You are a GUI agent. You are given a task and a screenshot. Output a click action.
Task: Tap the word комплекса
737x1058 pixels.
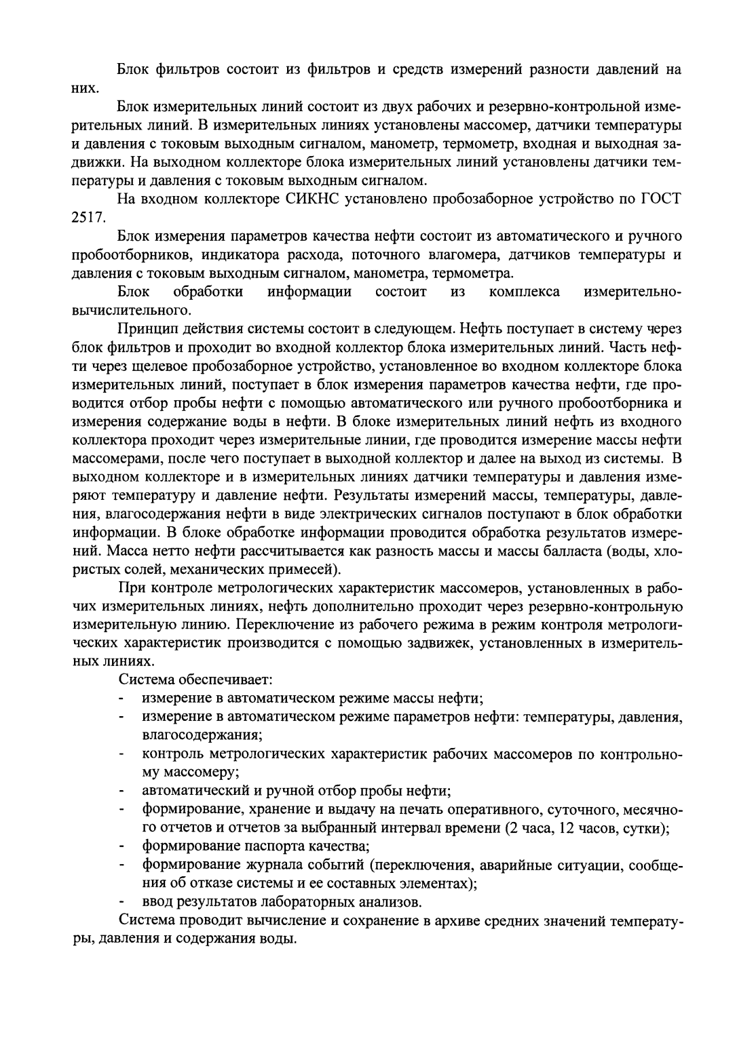(x=524, y=292)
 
